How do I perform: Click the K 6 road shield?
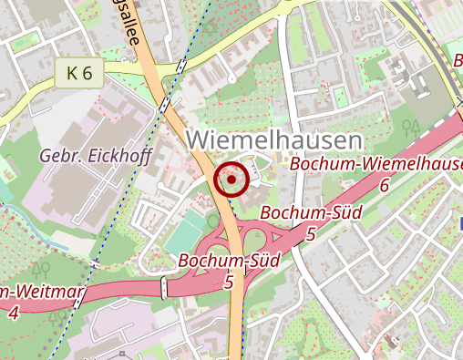pyautogui.click(x=79, y=74)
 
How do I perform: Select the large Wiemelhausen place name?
pyautogui.click(x=274, y=140)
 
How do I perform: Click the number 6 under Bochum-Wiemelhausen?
pyautogui.click(x=385, y=185)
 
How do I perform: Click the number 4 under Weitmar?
pyautogui.click(x=13, y=312)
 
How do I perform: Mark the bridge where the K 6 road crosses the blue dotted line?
pyautogui.click(x=182, y=66)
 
